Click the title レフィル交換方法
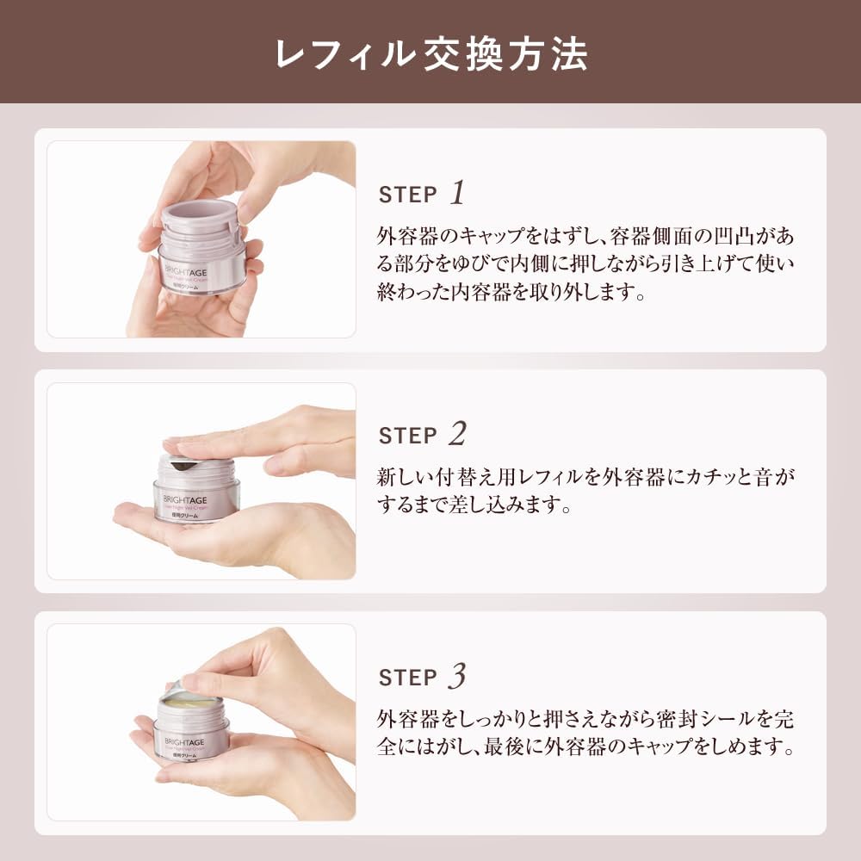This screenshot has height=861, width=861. pos(430,53)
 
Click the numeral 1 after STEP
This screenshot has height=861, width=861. pos(457,193)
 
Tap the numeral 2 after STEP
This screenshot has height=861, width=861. pos(457,435)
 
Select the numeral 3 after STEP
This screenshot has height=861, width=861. pos(457,677)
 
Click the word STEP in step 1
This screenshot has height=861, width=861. pos(408,195)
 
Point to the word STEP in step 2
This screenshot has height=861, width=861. pos(408,437)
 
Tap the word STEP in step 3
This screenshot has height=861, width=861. pos(408,678)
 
